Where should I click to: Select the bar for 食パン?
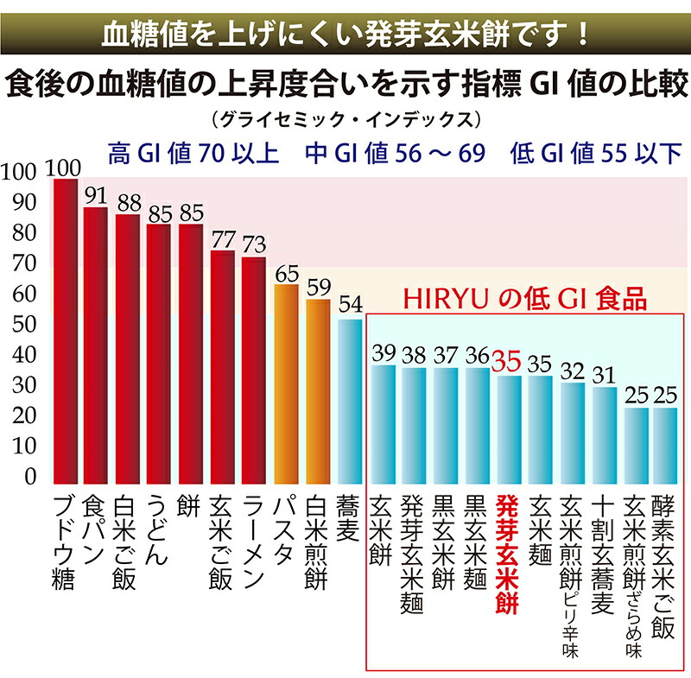click(x=97, y=345)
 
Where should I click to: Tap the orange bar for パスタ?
click(x=286, y=384)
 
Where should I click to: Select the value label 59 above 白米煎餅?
click(x=318, y=287)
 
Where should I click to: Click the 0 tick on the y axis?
click(x=30, y=478)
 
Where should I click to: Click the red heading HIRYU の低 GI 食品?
click(x=526, y=299)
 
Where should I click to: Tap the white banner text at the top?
click(x=345, y=34)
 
